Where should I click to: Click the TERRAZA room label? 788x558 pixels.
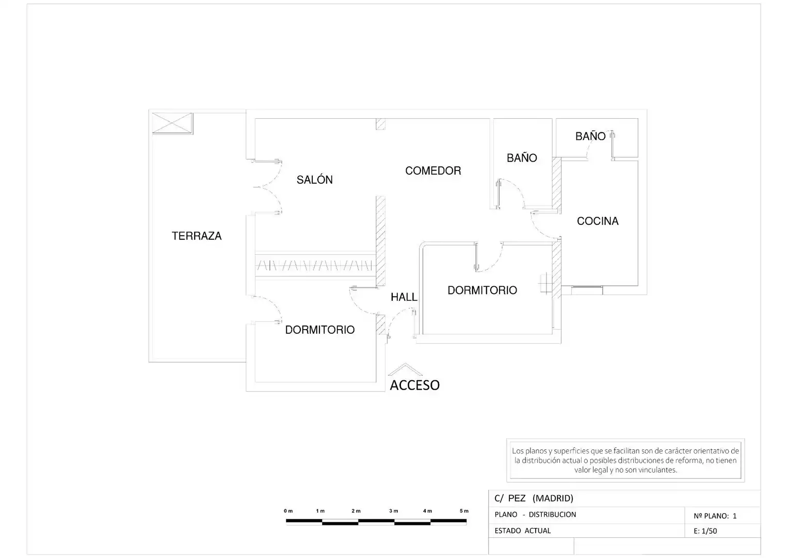pyautogui.click(x=197, y=236)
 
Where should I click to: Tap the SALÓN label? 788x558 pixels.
pyautogui.click(x=314, y=179)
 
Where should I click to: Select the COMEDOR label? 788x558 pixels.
pyautogui.click(x=433, y=171)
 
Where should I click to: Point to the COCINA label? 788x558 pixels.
pyautogui.click(x=598, y=221)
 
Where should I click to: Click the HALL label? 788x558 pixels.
pyautogui.click(x=404, y=297)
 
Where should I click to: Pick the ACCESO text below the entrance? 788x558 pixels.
pyautogui.click(x=415, y=385)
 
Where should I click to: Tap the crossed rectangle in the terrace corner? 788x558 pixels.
pyautogui.click(x=172, y=123)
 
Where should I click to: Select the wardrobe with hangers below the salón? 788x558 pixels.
pyautogui.click(x=314, y=265)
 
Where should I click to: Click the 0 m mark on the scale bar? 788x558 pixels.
pyautogui.click(x=288, y=511)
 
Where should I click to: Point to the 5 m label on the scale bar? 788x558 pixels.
pyautogui.click(x=464, y=511)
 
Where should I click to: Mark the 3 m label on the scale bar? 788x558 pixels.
pyautogui.click(x=394, y=511)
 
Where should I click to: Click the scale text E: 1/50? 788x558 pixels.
pyautogui.click(x=705, y=531)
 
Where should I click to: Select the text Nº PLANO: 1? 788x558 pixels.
pyautogui.click(x=715, y=516)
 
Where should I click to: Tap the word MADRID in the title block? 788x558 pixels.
pyautogui.click(x=553, y=498)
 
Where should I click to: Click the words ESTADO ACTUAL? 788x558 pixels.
pyautogui.click(x=522, y=531)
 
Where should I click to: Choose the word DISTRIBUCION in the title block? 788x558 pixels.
pyautogui.click(x=552, y=514)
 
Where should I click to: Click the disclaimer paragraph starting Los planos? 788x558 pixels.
pyautogui.click(x=625, y=460)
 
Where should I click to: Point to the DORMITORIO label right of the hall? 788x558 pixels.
pyautogui.click(x=483, y=290)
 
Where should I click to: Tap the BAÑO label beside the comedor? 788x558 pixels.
pyautogui.click(x=522, y=158)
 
